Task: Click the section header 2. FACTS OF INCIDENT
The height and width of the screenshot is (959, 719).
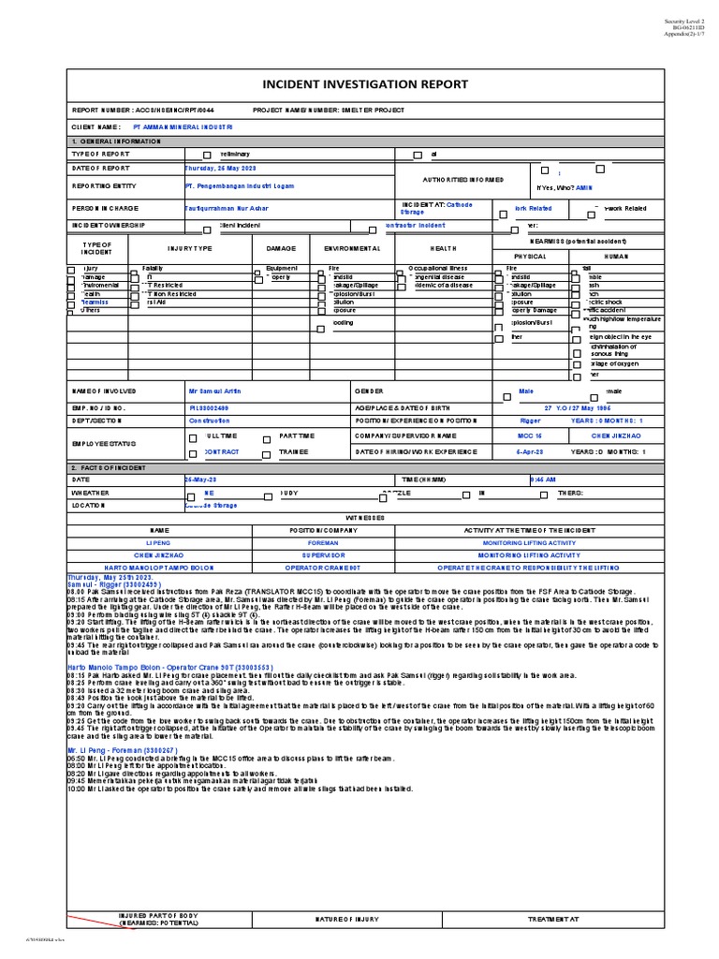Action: [110, 465]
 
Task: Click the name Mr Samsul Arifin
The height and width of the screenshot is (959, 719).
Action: [216, 391]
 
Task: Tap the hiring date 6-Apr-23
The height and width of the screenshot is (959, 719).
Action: [530, 451]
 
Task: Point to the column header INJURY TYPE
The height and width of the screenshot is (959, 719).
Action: [190, 248]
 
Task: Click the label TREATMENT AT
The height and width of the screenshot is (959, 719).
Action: [554, 920]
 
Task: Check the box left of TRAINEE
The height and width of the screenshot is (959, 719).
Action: [267, 453]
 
